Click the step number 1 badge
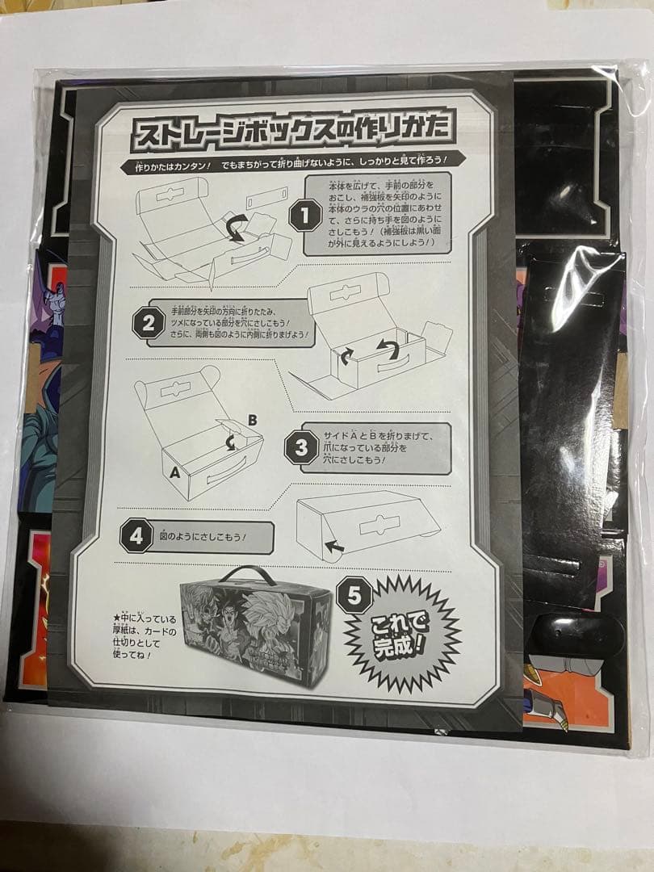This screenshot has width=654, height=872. (305, 216)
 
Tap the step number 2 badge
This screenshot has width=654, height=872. (149, 324)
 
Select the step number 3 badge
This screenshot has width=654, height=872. (301, 447)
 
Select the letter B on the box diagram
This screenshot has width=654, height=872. (252, 420)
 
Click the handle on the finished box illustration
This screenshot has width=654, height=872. (249, 575)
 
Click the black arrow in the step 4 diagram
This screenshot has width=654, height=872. (334, 547)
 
